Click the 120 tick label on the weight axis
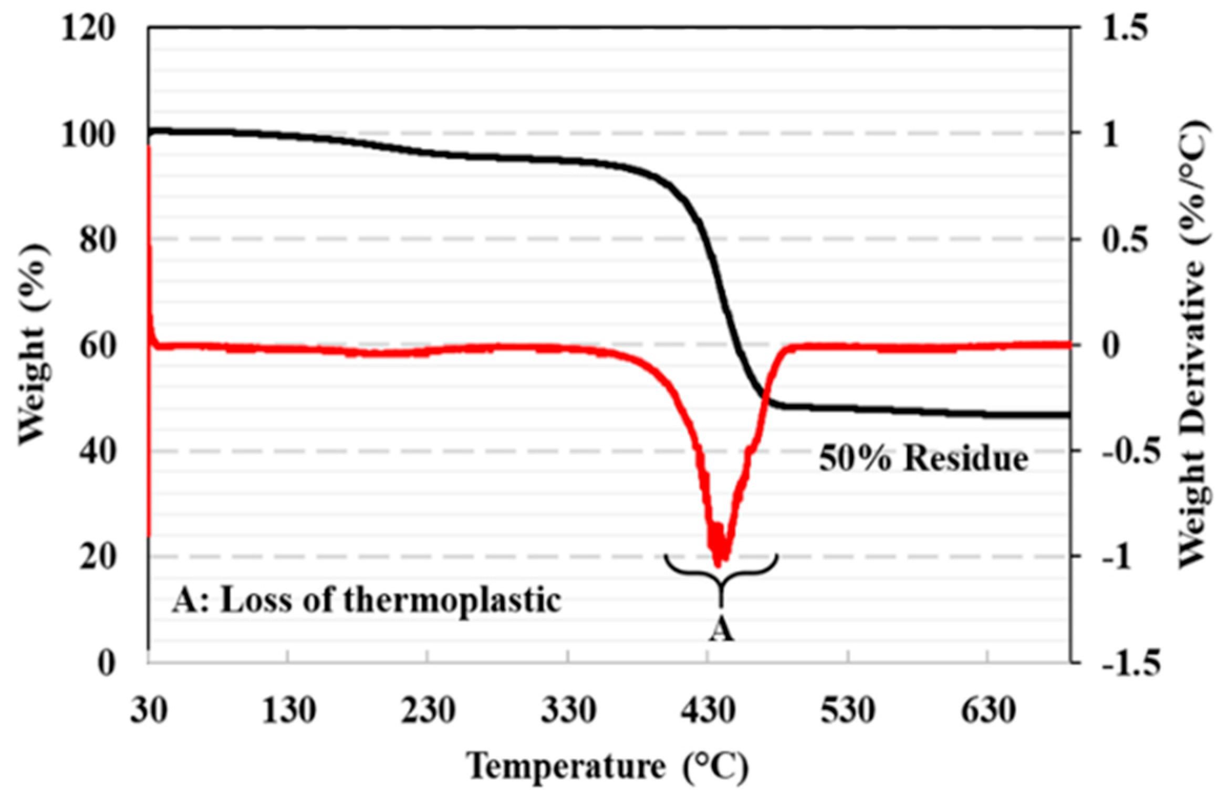(87, 28)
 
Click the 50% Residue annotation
(923, 459)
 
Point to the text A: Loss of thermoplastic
(366, 600)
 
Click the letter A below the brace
(721, 630)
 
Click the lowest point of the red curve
(718, 566)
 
